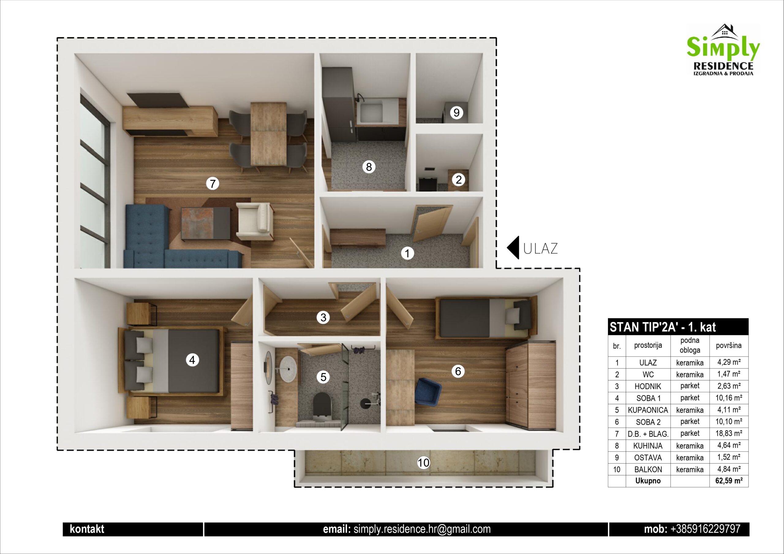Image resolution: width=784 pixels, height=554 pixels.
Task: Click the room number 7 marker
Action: [213, 184]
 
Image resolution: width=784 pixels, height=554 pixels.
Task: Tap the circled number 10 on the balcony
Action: [424, 463]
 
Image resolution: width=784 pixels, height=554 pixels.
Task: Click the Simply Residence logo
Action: [723, 50]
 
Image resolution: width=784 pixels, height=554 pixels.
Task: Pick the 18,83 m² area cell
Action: [729, 433]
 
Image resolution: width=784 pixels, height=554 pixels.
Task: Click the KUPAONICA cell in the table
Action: [648, 410]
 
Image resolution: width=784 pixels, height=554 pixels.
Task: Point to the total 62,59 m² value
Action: [729, 481]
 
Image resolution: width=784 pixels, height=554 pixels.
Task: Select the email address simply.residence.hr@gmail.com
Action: [422, 529]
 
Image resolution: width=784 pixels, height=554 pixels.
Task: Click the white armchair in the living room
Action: [254, 221]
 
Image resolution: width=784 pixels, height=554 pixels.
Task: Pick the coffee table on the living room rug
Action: [205, 222]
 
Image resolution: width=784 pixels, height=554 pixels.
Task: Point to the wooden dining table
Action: [268, 134]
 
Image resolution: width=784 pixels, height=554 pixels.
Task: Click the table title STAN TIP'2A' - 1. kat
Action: [663, 327]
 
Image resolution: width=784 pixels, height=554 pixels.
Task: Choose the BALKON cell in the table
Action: [648, 469]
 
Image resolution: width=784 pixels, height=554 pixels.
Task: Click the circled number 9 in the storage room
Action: [457, 112]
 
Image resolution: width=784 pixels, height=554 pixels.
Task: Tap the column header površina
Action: [729, 345]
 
